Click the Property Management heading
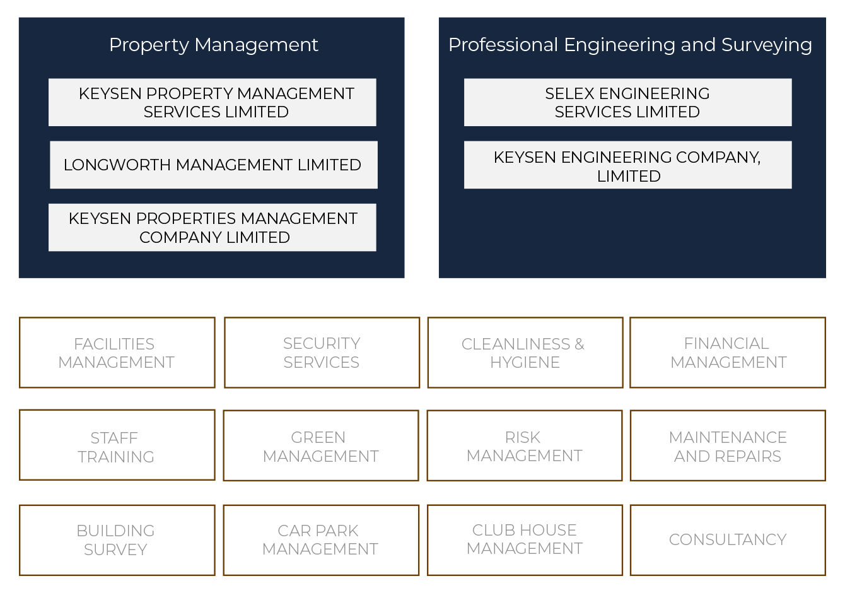[214, 45]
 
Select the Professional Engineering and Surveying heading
[630, 45]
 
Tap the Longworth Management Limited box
[214, 165]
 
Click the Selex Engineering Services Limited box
[627, 102]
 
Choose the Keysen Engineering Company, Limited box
[627, 165]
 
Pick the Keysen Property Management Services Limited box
[213, 102]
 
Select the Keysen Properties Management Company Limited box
[213, 228]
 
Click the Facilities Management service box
[117, 353]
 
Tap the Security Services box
[322, 353]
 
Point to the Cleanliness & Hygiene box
[525, 353]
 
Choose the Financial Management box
[728, 353]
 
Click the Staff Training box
[117, 445]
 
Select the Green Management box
[321, 445]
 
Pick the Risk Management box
[525, 445]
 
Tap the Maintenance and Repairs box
[728, 445]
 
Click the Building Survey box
[117, 540]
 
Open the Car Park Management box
[321, 540]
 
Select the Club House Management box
[525, 540]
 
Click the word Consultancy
[728, 540]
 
